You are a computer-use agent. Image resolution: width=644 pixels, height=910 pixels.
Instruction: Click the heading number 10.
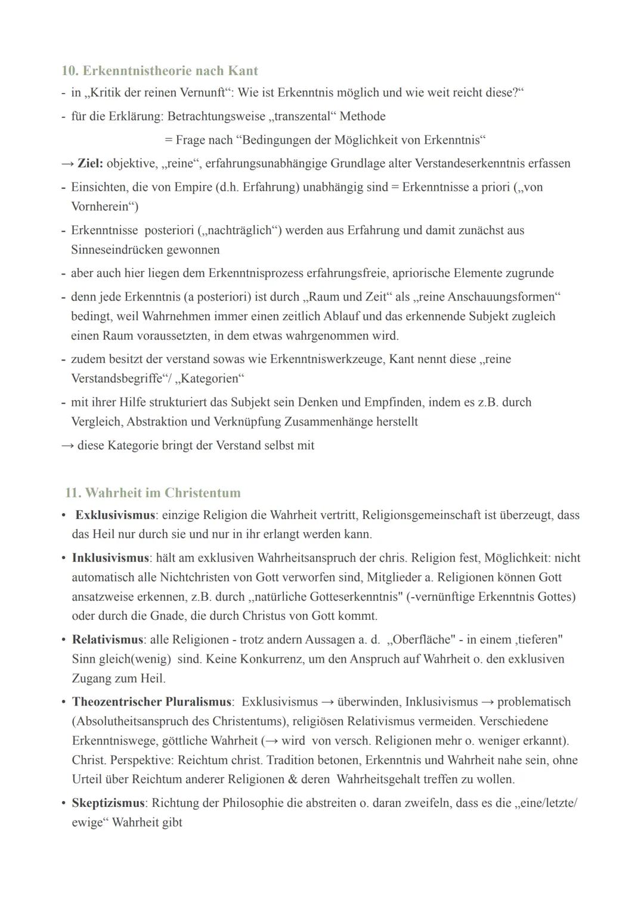(x=70, y=71)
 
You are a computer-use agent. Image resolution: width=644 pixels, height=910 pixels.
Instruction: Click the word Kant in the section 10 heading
(x=242, y=71)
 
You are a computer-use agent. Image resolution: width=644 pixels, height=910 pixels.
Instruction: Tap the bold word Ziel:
(x=91, y=163)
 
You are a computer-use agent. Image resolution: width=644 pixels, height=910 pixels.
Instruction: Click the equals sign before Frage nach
(x=169, y=140)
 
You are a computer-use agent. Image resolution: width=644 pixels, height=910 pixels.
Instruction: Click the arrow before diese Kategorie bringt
(x=67, y=445)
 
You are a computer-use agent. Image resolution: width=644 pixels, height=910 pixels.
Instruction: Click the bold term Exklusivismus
(x=115, y=515)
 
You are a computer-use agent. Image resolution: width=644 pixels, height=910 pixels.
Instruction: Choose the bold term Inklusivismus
(x=110, y=558)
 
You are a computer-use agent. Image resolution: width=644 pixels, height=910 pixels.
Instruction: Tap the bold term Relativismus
(x=107, y=639)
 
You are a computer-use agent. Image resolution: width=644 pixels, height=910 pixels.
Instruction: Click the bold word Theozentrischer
(x=117, y=702)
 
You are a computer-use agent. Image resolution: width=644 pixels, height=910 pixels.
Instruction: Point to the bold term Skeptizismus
(x=108, y=803)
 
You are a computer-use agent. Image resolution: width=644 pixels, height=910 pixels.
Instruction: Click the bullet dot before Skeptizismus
(x=63, y=803)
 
